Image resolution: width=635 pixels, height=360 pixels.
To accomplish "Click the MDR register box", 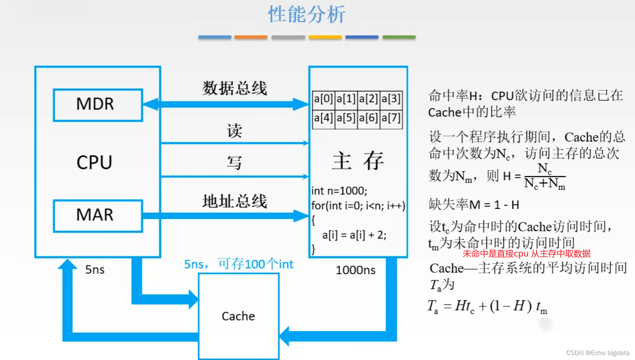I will (98, 105).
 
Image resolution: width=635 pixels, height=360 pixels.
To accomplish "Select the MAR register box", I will (98, 215).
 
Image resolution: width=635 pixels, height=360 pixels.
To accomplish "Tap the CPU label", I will (94, 163).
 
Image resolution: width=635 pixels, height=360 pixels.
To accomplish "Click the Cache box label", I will (238, 316).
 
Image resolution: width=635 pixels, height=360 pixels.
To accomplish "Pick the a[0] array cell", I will (323, 99).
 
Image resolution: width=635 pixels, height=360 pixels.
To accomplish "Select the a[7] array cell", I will (391, 118).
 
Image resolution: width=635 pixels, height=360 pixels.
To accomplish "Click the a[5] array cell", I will (346, 118).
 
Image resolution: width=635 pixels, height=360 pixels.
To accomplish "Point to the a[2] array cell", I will (368, 99).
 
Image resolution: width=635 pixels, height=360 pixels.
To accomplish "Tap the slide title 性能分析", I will (307, 15).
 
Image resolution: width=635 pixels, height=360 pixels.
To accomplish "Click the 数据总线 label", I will (234, 88).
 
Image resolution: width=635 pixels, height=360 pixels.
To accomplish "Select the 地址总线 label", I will (234, 201).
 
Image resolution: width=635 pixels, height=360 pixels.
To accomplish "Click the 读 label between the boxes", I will (234, 131).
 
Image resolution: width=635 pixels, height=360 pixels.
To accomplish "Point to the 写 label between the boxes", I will (234, 163).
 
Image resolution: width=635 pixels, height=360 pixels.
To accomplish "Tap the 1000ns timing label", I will (355, 270).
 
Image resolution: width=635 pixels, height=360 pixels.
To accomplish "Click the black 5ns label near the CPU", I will (95, 270).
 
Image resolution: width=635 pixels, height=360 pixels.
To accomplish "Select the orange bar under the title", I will (251, 37).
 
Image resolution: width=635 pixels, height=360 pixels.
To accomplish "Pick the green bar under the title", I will (399, 37).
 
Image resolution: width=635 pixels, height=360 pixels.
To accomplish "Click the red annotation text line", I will (526, 254).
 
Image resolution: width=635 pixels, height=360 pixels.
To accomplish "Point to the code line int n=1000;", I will (339, 191).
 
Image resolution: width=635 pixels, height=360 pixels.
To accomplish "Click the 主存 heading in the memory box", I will (358, 161).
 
